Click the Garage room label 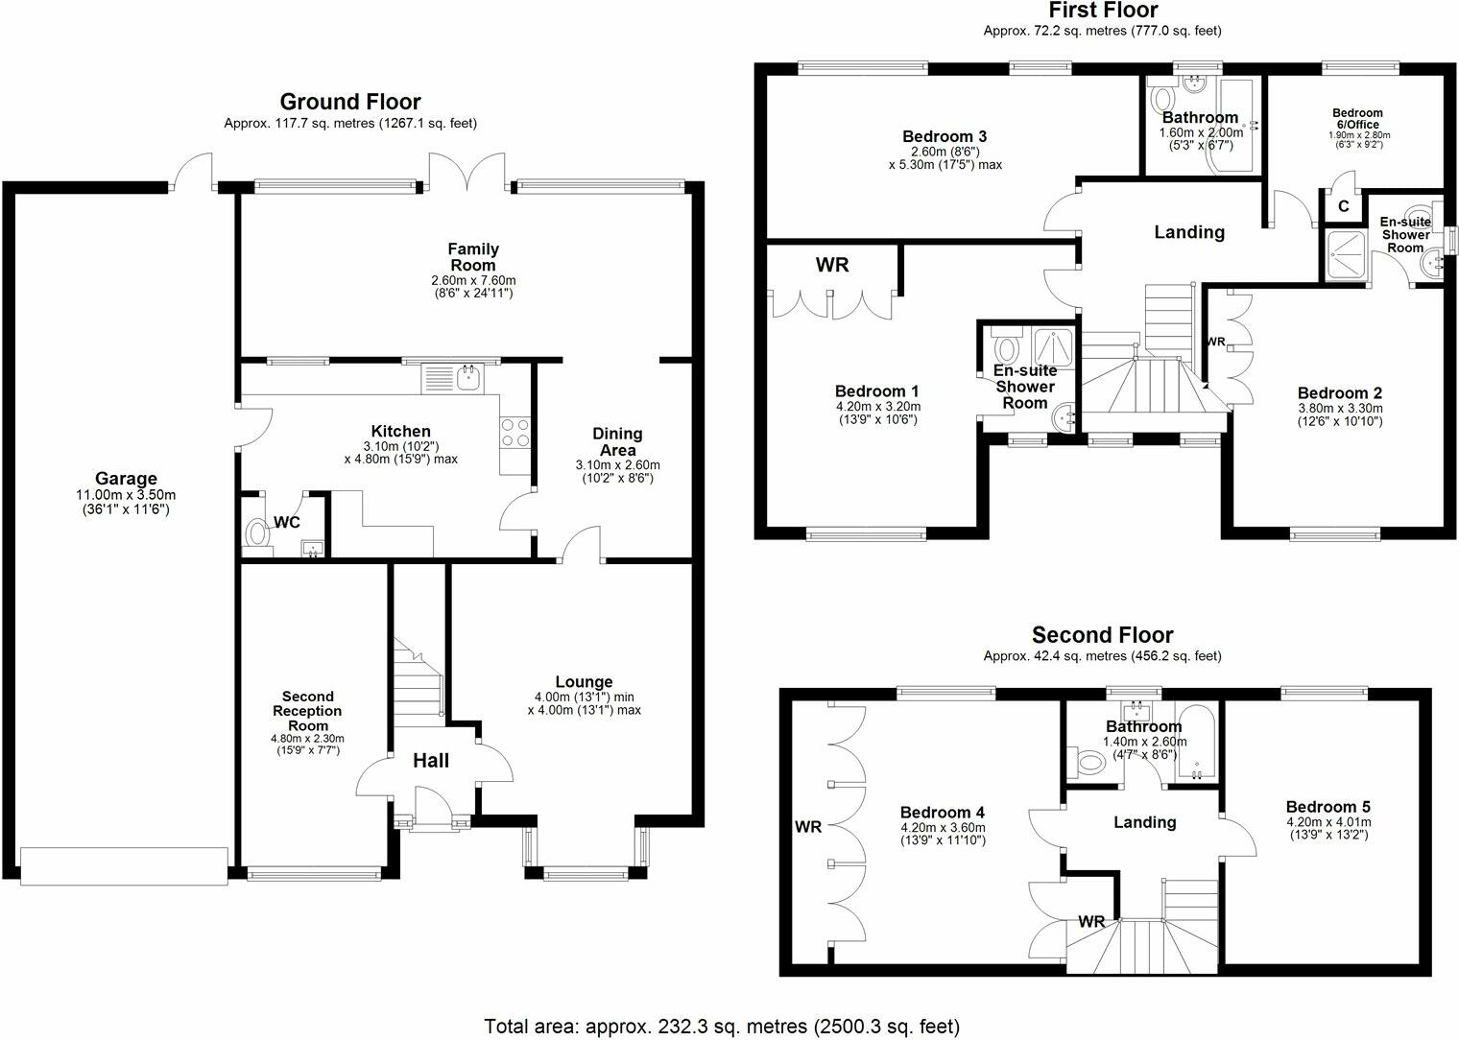[x=126, y=479]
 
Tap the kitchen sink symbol [x=468, y=378]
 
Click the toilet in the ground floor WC [x=256, y=533]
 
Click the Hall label [x=431, y=761]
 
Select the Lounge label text [x=584, y=682]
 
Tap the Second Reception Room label [x=307, y=711]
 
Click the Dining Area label [x=617, y=441]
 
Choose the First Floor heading [x=1103, y=11]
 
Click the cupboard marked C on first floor [x=1344, y=206]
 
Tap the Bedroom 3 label [x=944, y=137]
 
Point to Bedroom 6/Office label [x=1358, y=119]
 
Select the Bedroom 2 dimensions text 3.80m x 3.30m [x=1339, y=409]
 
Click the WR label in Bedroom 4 [x=808, y=826]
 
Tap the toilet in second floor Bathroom [x=1091, y=764]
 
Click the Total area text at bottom [x=722, y=1027]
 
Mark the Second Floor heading [x=1102, y=635]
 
